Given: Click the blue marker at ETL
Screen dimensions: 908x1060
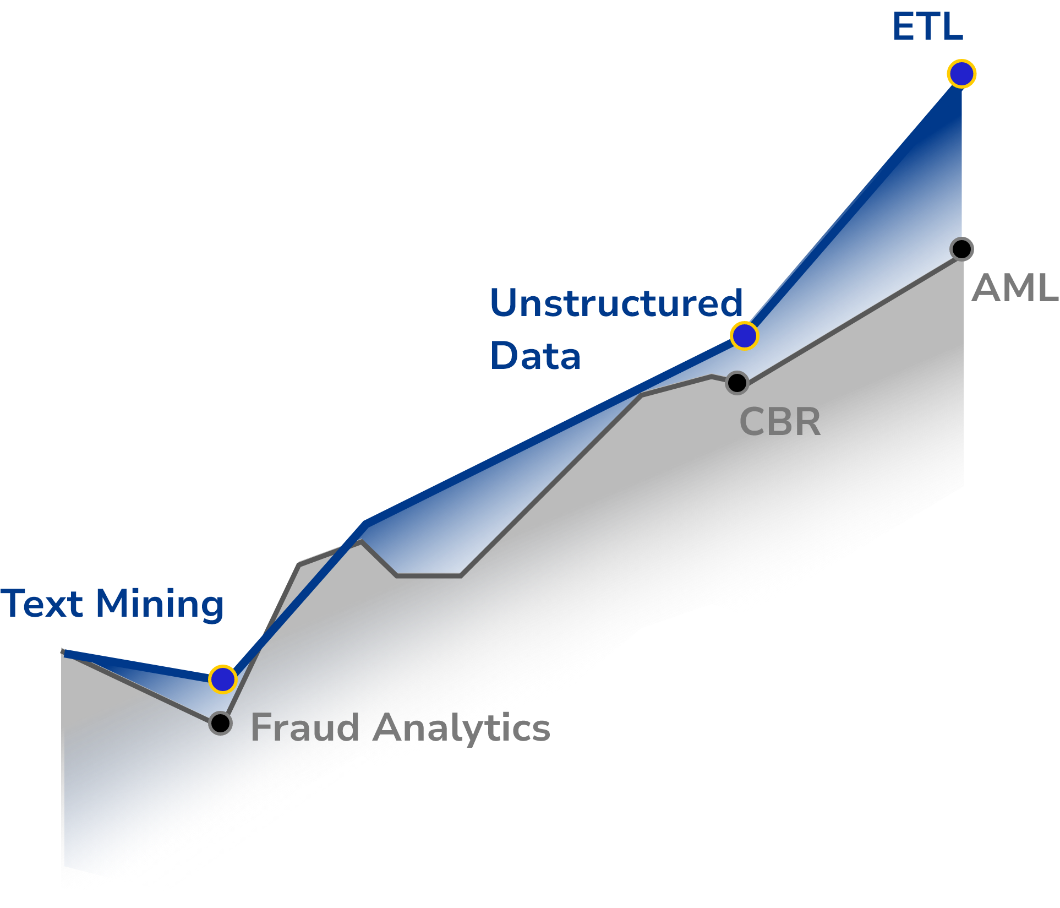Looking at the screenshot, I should (x=961, y=74).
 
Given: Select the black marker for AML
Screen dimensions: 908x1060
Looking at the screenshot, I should (x=961, y=249).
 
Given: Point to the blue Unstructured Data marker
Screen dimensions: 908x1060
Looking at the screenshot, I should (x=744, y=336).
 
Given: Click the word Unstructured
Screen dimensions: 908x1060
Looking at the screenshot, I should (x=616, y=303).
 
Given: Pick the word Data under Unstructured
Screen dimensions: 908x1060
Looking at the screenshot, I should (x=536, y=355).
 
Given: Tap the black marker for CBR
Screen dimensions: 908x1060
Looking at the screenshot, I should (x=737, y=383).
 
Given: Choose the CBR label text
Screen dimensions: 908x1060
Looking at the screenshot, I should (x=780, y=422).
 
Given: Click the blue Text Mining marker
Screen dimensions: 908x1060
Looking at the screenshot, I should (x=222, y=679).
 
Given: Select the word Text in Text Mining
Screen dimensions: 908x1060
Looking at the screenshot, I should (x=42, y=603).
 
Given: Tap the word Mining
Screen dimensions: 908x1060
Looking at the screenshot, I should (x=160, y=605).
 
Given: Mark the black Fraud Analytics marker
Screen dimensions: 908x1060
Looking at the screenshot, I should (x=220, y=723).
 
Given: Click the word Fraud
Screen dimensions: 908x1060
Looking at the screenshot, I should (x=305, y=727).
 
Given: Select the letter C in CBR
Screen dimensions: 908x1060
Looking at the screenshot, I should (x=752, y=422).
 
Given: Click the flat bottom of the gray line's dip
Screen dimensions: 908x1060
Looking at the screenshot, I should (x=429, y=576).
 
